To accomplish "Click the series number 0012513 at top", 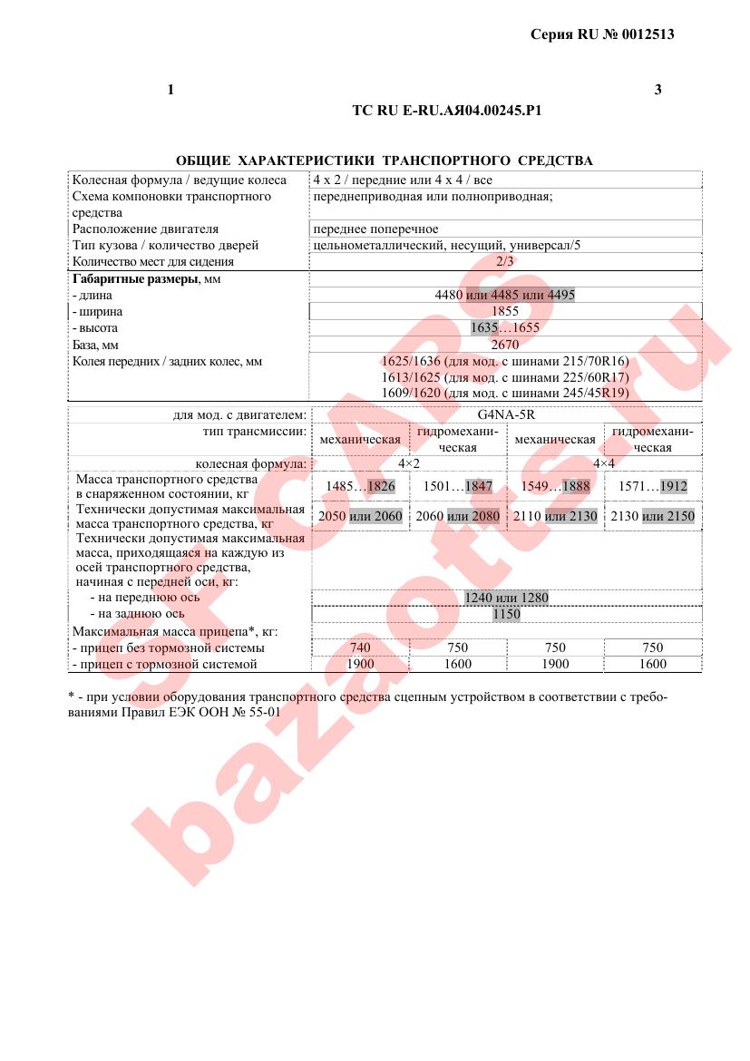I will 646,34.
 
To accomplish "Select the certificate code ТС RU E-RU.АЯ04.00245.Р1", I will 447,111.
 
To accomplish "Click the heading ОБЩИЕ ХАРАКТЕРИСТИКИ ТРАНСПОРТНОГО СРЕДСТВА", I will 384,161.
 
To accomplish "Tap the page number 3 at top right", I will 657,89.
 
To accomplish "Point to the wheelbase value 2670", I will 505,345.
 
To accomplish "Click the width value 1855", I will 505,311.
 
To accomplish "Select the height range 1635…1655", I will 505,328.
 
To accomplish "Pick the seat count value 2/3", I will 505,261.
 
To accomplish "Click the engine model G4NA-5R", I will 505,415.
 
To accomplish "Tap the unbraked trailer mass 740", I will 360,647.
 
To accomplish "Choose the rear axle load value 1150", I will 506,614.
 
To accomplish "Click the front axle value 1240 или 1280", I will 506,598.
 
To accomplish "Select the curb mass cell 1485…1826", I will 360,486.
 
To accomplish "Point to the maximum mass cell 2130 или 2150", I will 653,516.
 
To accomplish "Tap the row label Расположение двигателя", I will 145,229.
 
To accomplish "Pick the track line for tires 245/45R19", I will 505,394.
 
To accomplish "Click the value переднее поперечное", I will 375,229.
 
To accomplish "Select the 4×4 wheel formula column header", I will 603,463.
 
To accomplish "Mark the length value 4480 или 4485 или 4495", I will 505,295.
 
